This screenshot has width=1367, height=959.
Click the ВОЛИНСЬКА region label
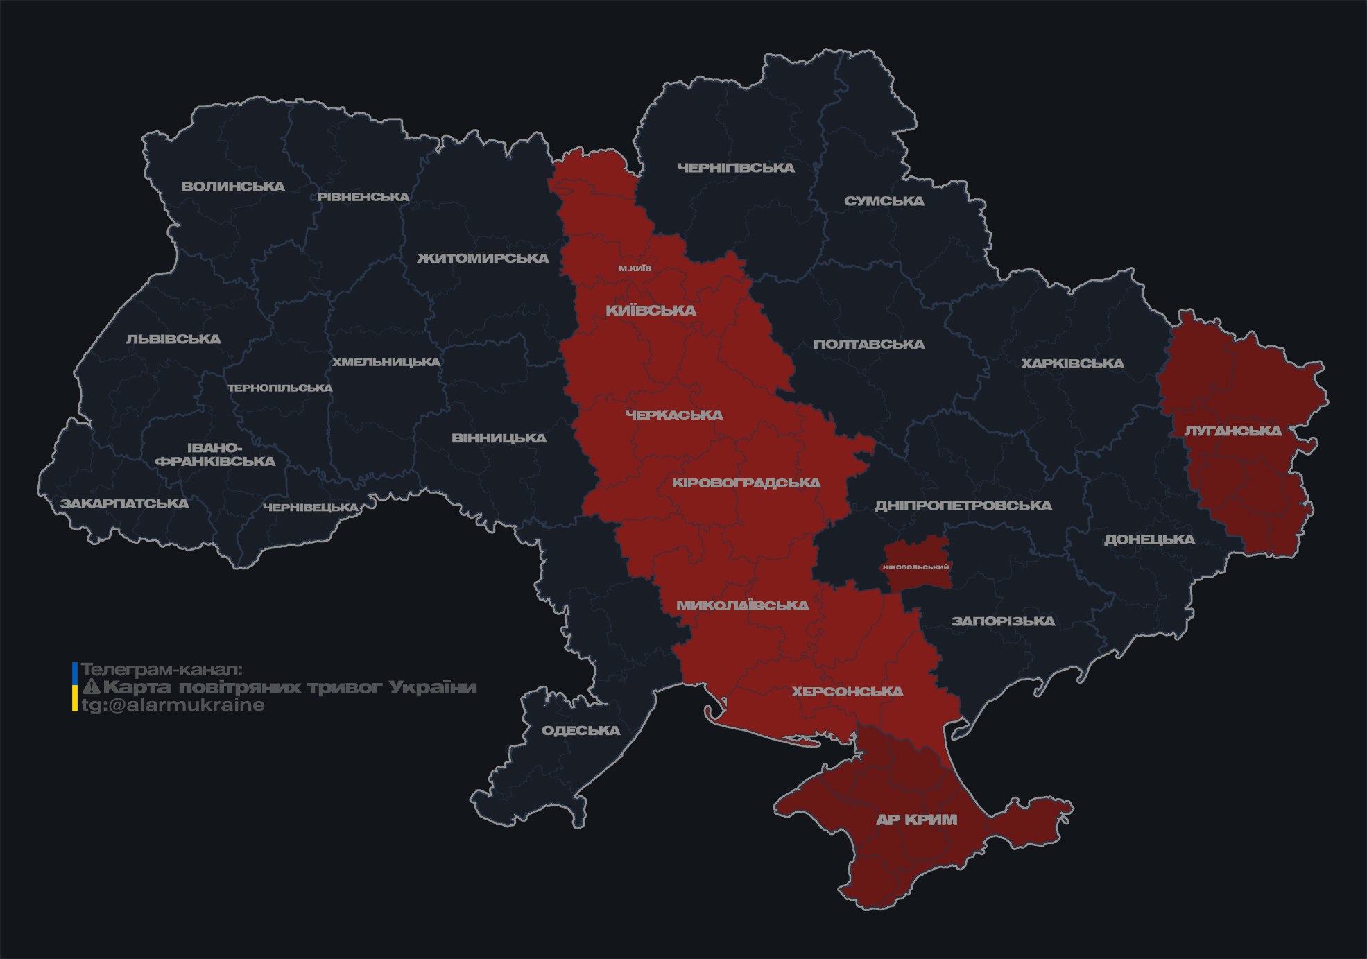[233, 187]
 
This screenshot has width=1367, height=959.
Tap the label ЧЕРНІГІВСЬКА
[735, 168]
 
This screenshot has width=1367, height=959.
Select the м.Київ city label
[635, 268]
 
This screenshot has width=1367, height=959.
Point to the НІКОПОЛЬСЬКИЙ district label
[915, 567]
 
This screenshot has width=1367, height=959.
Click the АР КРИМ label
[916, 820]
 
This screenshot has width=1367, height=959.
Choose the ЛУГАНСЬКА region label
[1232, 431]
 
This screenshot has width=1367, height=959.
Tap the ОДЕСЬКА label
[581, 730]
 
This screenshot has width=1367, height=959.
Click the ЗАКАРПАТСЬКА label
[124, 503]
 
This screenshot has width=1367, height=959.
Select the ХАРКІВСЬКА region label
[1072, 363]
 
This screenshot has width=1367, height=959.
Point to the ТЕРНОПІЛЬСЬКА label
[280, 388]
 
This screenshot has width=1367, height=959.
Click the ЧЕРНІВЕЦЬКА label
[311, 508]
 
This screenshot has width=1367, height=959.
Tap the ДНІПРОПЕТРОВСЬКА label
[963, 506]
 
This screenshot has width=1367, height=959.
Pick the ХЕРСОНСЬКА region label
[847, 691]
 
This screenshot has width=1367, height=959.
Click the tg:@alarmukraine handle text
[173, 705]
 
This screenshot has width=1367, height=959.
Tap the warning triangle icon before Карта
[92, 688]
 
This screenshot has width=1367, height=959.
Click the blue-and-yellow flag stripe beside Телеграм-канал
[75, 687]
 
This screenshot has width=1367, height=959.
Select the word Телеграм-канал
[162, 670]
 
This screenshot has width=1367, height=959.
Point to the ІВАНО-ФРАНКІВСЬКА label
[215, 454]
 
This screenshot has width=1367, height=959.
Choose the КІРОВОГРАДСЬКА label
[746, 483]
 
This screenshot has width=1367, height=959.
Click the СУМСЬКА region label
[884, 201]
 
